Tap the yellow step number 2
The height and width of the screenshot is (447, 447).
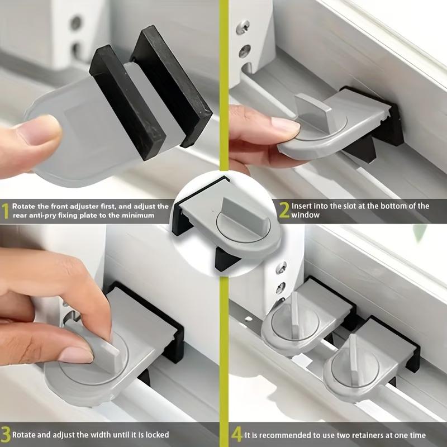[x=284, y=211]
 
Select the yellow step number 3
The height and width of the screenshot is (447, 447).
[x=5, y=434]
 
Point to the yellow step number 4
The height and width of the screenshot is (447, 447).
[x=237, y=435]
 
